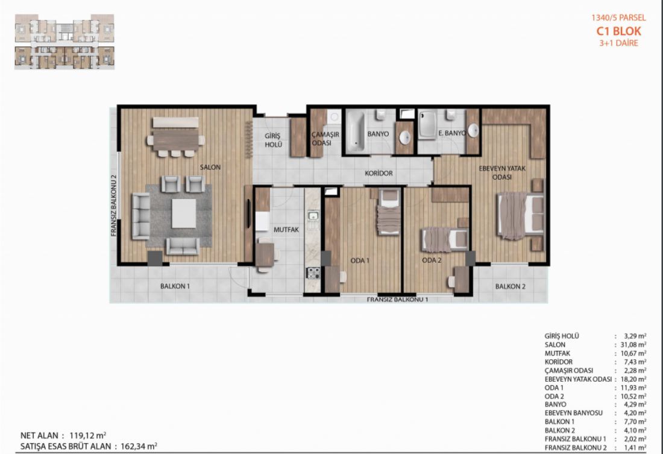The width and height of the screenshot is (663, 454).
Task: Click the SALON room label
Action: (x=210, y=167)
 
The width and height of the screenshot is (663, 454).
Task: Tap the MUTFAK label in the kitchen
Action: (x=286, y=230)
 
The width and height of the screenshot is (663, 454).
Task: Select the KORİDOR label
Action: (x=379, y=173)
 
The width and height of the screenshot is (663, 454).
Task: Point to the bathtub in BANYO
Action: (x=355, y=131)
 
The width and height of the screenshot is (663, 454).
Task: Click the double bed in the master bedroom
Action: (x=521, y=216)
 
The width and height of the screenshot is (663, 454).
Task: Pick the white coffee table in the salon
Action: (x=184, y=213)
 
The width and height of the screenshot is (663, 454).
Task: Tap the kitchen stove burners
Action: (x=313, y=273)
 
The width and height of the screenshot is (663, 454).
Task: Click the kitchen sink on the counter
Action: (x=313, y=217)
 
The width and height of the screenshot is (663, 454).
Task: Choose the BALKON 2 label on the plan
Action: (x=511, y=286)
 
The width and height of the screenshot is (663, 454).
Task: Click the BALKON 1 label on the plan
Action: (x=175, y=286)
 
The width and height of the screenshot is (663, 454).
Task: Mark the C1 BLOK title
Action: (x=618, y=31)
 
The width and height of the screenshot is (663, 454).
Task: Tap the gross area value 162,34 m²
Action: (x=139, y=446)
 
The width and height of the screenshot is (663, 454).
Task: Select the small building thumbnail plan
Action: (x=64, y=42)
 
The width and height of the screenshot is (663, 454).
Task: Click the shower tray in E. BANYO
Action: (x=427, y=124)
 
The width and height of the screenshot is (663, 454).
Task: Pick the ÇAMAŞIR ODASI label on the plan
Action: (x=325, y=138)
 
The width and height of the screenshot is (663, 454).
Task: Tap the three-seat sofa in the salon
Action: (x=141, y=216)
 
